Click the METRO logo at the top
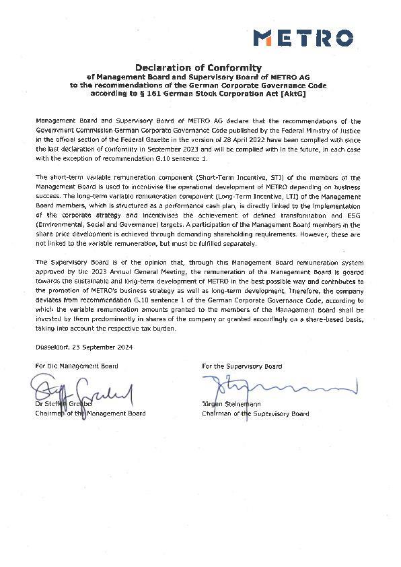click(303, 37)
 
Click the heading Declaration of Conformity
click(198, 67)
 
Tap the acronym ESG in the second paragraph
click(354, 213)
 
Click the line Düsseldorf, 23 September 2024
click(84, 347)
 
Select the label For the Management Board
click(77, 366)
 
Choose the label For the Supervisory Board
click(242, 366)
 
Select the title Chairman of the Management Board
click(90, 413)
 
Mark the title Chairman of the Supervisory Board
click(255, 413)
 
